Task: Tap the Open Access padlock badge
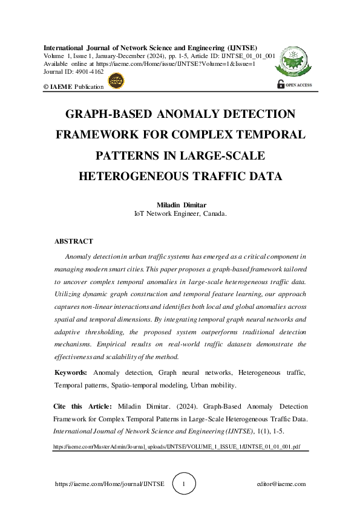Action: (x=295, y=85)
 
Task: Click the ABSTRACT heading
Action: (x=74, y=241)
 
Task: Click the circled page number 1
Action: (x=184, y=484)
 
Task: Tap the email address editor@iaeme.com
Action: (x=281, y=484)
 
